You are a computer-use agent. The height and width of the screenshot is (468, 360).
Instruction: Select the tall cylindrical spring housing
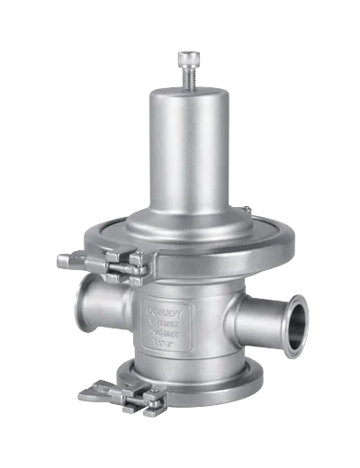pos(183,153)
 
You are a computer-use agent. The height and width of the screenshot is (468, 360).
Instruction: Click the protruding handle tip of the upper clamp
pos(65,261)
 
